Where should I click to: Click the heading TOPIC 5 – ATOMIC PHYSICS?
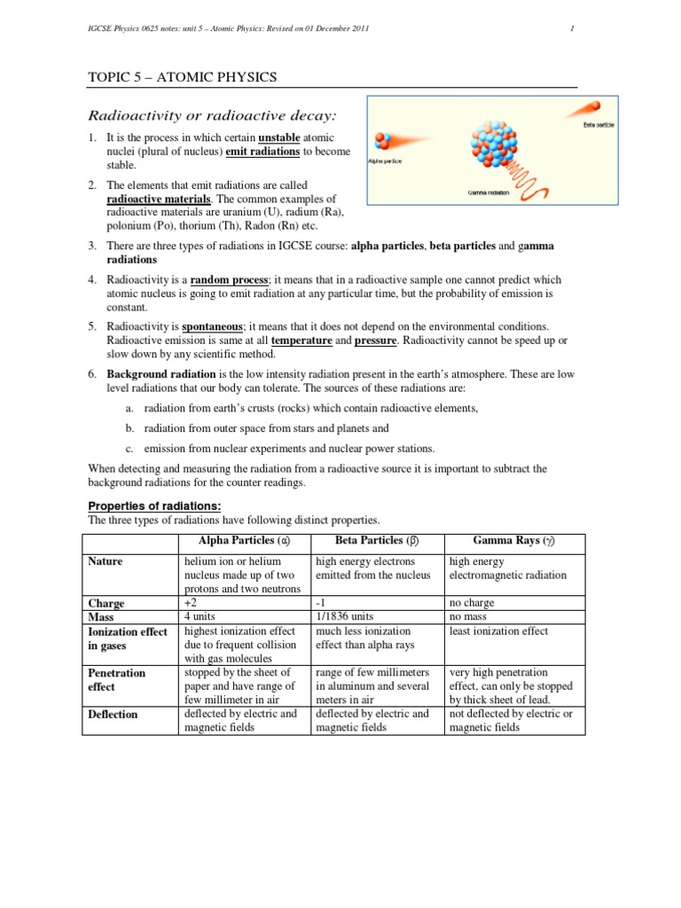pos(182,77)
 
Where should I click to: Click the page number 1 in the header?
pos(572,29)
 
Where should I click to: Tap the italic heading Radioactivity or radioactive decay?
pos(211,115)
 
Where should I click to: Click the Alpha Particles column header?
pos(244,541)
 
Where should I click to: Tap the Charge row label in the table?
pos(106,603)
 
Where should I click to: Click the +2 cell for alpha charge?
pos(190,603)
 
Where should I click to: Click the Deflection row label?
pos(113,714)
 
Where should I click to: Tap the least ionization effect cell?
pos(499,631)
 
